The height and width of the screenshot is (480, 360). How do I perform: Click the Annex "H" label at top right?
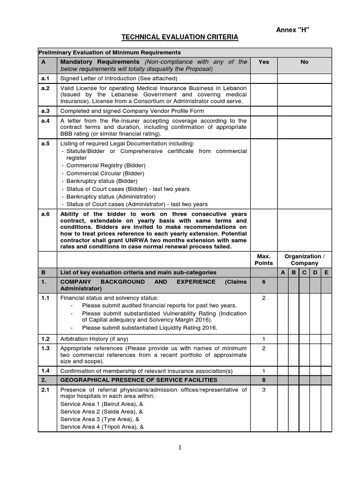(294, 30)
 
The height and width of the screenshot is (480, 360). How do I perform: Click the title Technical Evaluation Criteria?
(180, 37)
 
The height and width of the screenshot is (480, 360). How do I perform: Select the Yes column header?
(263, 62)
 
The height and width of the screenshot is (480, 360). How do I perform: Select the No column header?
(304, 62)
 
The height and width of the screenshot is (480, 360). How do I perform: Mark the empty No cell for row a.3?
(304, 111)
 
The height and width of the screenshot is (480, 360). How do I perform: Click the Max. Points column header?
(263, 260)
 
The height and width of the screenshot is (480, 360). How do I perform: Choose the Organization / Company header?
(304, 260)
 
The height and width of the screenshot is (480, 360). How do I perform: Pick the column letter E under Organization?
(326, 272)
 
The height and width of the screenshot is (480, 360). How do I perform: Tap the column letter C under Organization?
(304, 272)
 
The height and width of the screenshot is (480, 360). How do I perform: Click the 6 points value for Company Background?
(263, 282)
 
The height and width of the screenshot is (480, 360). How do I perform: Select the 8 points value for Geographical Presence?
(263, 380)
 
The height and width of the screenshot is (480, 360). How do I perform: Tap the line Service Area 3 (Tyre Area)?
(100, 419)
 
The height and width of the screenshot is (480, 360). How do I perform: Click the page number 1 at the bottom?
(180, 448)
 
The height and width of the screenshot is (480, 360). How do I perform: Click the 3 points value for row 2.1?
(263, 390)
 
